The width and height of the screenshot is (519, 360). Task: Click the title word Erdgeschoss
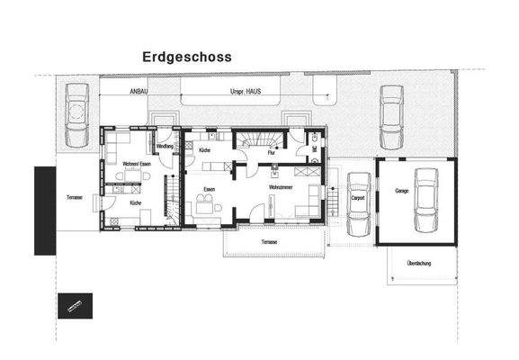point(186,57)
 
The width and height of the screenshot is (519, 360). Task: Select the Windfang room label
point(165,146)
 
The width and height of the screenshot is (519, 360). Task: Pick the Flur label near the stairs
point(271,153)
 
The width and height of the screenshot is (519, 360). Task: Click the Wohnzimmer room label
point(282,186)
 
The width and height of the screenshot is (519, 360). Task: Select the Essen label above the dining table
point(209,188)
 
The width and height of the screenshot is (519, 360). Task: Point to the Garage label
point(401,191)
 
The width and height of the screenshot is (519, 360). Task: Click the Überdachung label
point(420,263)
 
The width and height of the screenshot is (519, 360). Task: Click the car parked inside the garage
point(426,201)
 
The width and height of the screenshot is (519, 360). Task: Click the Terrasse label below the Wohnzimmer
point(269,243)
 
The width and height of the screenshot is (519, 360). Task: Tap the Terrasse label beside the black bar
point(75,196)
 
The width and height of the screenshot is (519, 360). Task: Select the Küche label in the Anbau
point(135,204)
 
